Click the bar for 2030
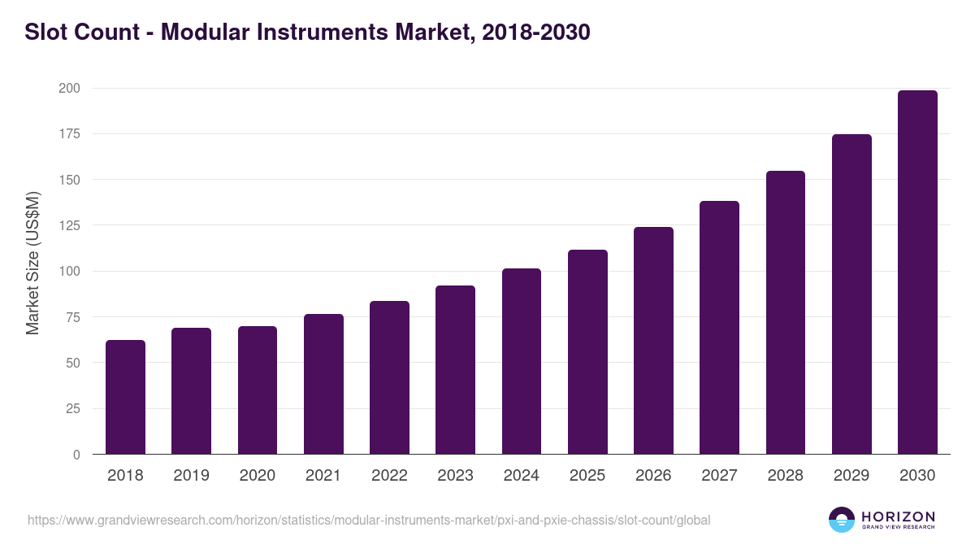pyautogui.click(x=917, y=272)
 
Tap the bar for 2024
pyautogui.click(x=522, y=361)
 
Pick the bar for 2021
pyautogui.click(x=323, y=384)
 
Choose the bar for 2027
pyautogui.click(x=719, y=327)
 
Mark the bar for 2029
pyautogui.click(x=851, y=294)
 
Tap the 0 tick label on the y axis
pyautogui.click(x=76, y=455)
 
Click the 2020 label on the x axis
pyautogui.click(x=258, y=476)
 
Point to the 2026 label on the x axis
pyautogui.click(x=653, y=476)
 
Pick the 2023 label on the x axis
pyautogui.click(x=455, y=476)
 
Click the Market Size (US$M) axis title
pyautogui.click(x=32, y=263)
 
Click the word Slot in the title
pyautogui.click(x=45, y=33)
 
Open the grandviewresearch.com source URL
pyautogui.click(x=369, y=520)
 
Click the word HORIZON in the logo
pyautogui.click(x=898, y=516)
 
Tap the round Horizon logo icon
pyautogui.click(x=842, y=520)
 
